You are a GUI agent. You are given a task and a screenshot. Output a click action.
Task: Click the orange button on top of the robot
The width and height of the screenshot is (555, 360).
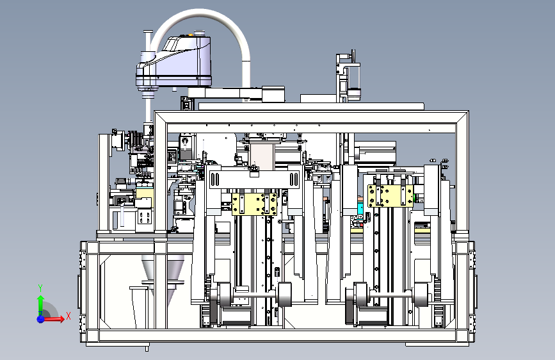[190, 35]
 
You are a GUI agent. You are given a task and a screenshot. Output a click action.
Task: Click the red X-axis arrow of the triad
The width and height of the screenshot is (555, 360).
[53, 319]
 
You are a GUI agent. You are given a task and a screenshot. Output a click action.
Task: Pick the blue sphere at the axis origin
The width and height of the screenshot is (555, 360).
[40, 319]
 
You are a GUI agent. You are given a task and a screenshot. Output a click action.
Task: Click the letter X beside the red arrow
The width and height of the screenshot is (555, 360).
[68, 316]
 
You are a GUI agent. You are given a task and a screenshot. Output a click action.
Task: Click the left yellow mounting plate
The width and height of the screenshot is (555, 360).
[254, 204]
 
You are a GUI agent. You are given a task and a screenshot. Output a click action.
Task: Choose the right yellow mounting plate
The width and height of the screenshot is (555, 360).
[390, 195]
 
